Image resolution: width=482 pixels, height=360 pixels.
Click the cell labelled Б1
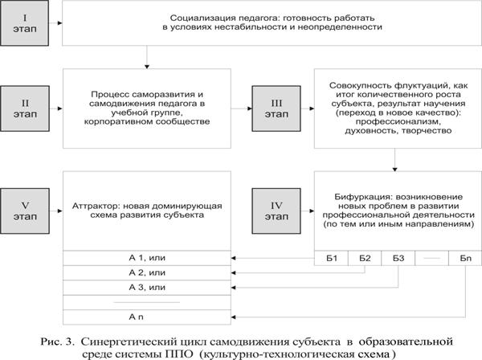click(x=331, y=258)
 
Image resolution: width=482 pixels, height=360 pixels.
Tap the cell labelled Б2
click(x=366, y=258)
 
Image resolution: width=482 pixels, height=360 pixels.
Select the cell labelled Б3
click(x=399, y=258)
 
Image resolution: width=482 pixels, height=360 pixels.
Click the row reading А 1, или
click(x=146, y=258)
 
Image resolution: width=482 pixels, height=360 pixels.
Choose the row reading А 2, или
click(x=146, y=272)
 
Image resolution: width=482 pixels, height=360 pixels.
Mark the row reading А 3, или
click(x=146, y=287)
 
